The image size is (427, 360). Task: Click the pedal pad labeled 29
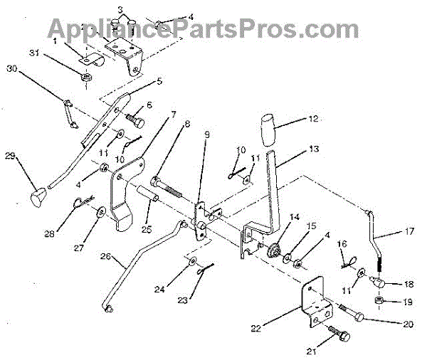coord(38,194)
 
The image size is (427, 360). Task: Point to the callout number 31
coord(33,55)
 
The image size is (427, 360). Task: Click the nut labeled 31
coord(85,75)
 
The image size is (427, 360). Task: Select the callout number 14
coord(294,216)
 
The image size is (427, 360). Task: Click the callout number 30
coord(11,68)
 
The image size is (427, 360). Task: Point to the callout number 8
coord(186,124)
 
